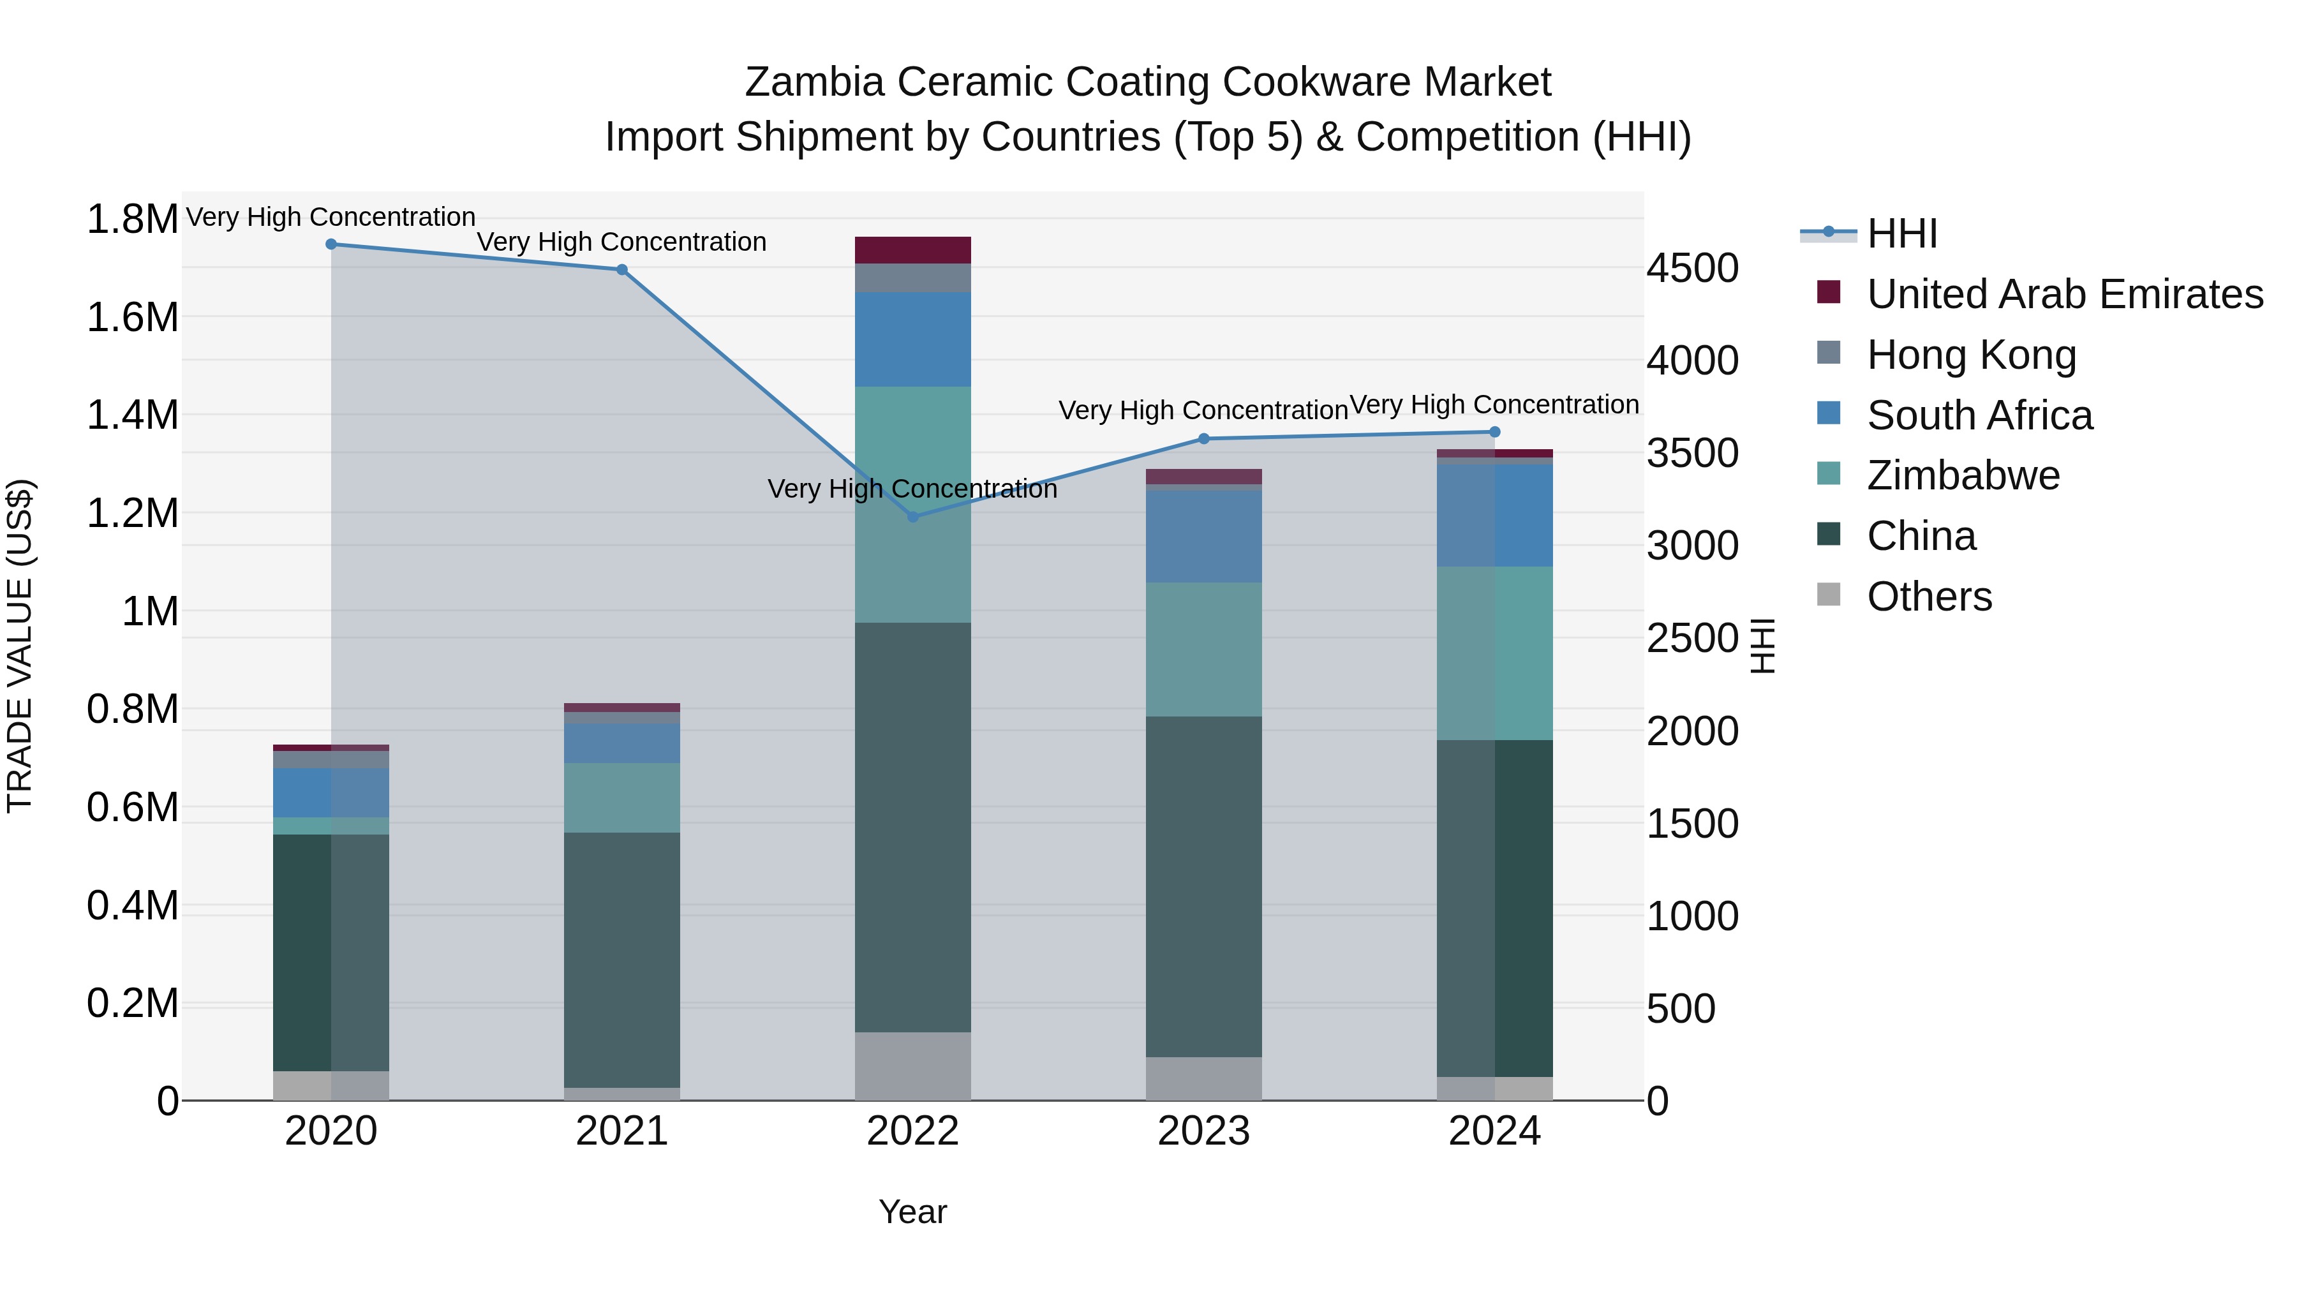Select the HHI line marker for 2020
331,244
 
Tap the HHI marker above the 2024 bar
1494,433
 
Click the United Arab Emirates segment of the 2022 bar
912,251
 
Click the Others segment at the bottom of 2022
912,1066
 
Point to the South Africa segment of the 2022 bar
912,339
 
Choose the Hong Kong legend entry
1972,355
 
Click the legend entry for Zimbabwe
1963,475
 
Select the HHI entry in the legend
1901,234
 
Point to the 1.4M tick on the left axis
132,415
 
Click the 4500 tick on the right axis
1691,269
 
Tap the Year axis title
912,1212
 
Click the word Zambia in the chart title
814,82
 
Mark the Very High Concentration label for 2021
621,242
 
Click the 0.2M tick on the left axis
132,1003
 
